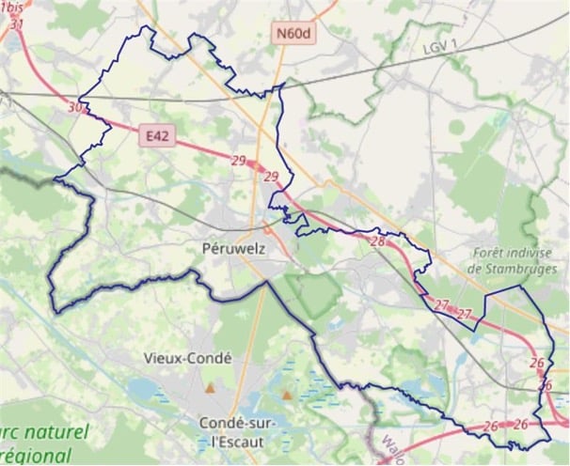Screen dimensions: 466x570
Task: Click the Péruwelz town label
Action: pyautogui.click(x=235, y=248)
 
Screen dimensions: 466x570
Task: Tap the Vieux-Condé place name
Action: pyautogui.click(x=188, y=358)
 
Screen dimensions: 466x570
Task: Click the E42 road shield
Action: pyautogui.click(x=157, y=136)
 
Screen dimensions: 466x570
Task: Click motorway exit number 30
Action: pyautogui.click(x=74, y=108)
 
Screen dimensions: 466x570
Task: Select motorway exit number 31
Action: pyautogui.click(x=16, y=23)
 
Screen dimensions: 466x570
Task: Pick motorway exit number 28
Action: pyautogui.click(x=378, y=241)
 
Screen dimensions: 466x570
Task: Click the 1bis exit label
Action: pyautogui.click(x=13, y=8)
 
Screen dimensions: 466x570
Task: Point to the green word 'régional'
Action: pyautogui.click(x=38, y=457)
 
